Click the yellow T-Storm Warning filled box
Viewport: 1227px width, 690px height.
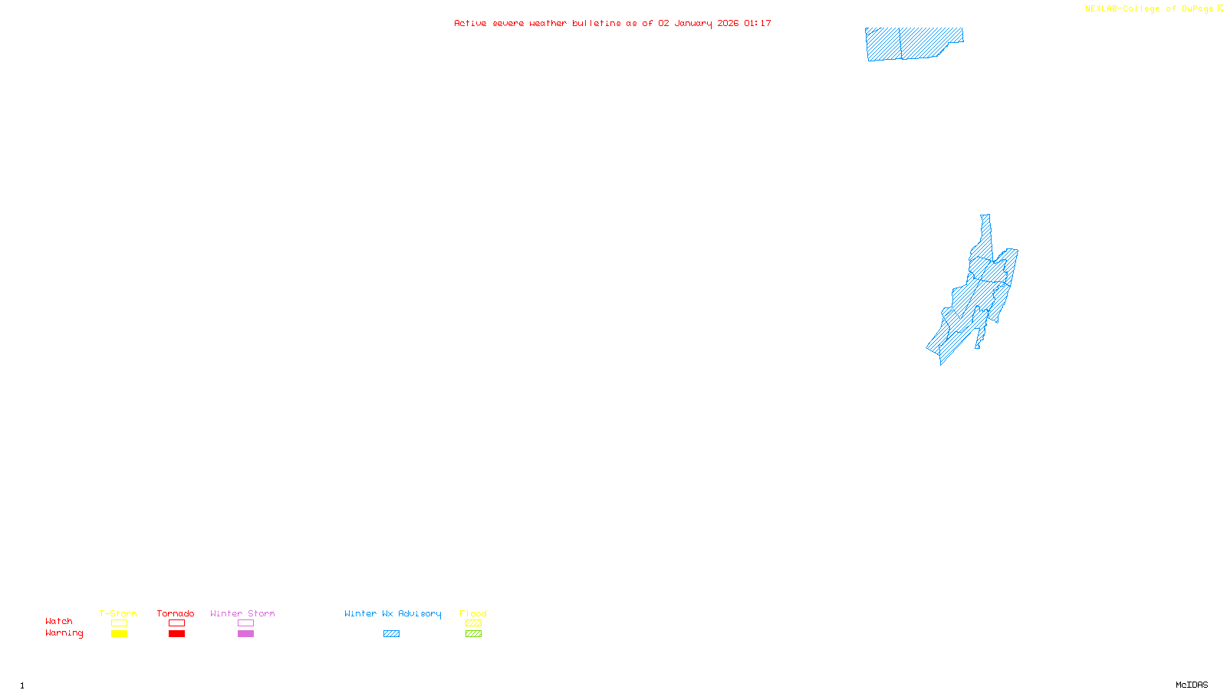click(x=119, y=634)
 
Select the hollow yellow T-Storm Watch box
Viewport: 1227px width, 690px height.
click(x=119, y=623)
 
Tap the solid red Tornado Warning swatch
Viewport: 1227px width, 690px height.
click(x=176, y=634)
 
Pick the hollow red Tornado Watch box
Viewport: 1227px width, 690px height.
click(x=176, y=623)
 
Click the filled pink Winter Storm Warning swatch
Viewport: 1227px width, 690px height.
click(x=245, y=634)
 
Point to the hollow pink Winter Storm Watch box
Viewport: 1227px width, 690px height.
click(x=245, y=623)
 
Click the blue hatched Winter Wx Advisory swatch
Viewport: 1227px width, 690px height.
click(x=391, y=634)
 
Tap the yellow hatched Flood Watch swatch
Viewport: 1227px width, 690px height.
click(x=473, y=623)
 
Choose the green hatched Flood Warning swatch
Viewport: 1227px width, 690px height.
click(x=473, y=634)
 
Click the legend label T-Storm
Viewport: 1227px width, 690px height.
click(x=118, y=613)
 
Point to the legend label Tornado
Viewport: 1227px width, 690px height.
click(x=176, y=613)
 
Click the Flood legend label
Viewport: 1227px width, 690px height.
click(x=473, y=613)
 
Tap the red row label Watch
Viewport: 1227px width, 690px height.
click(x=59, y=622)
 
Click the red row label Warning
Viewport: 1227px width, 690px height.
click(x=64, y=633)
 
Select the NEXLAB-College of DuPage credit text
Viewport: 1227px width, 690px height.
click(x=1150, y=9)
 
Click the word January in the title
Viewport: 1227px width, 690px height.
click(x=693, y=24)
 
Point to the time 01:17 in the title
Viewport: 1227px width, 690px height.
click(x=758, y=24)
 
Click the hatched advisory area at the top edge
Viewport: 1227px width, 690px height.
click(x=913, y=43)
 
